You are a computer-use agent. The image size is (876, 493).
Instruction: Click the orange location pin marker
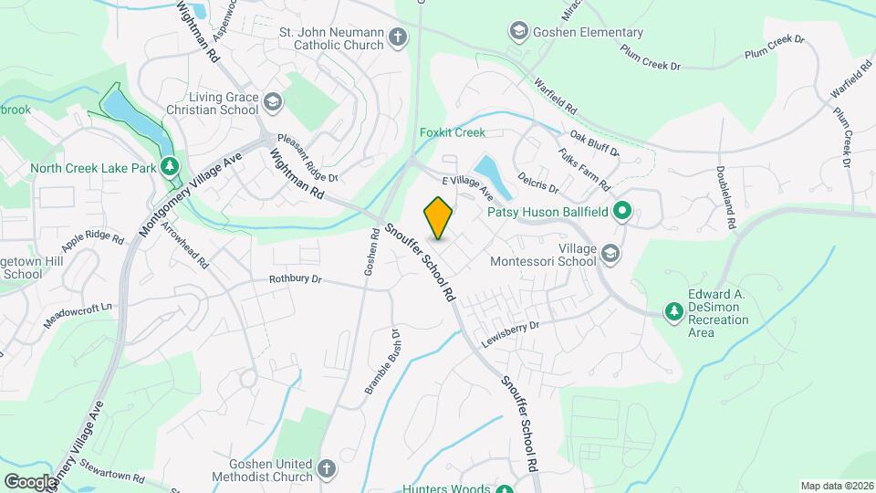click(439, 218)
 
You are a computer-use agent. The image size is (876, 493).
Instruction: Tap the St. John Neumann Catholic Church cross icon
click(397, 37)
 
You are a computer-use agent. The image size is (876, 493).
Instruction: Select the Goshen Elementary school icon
click(519, 33)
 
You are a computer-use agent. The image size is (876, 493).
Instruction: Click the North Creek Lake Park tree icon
click(168, 167)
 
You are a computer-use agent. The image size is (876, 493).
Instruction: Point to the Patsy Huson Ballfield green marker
click(622, 212)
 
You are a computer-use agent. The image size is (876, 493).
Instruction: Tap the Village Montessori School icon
click(610, 254)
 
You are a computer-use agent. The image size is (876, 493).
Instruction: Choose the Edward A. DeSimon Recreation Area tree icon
click(674, 312)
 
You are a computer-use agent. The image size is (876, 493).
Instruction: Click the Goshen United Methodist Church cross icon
click(327, 469)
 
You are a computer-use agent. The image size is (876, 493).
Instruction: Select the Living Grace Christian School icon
click(273, 103)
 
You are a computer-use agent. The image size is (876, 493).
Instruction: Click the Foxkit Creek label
click(452, 132)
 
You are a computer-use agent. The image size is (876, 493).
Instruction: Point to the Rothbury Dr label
click(297, 279)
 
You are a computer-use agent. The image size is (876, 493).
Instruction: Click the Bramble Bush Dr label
click(382, 362)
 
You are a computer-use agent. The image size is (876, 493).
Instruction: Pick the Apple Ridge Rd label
click(92, 241)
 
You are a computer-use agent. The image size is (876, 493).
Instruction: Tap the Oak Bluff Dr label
click(594, 142)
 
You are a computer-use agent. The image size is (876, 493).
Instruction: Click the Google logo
click(29, 482)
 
